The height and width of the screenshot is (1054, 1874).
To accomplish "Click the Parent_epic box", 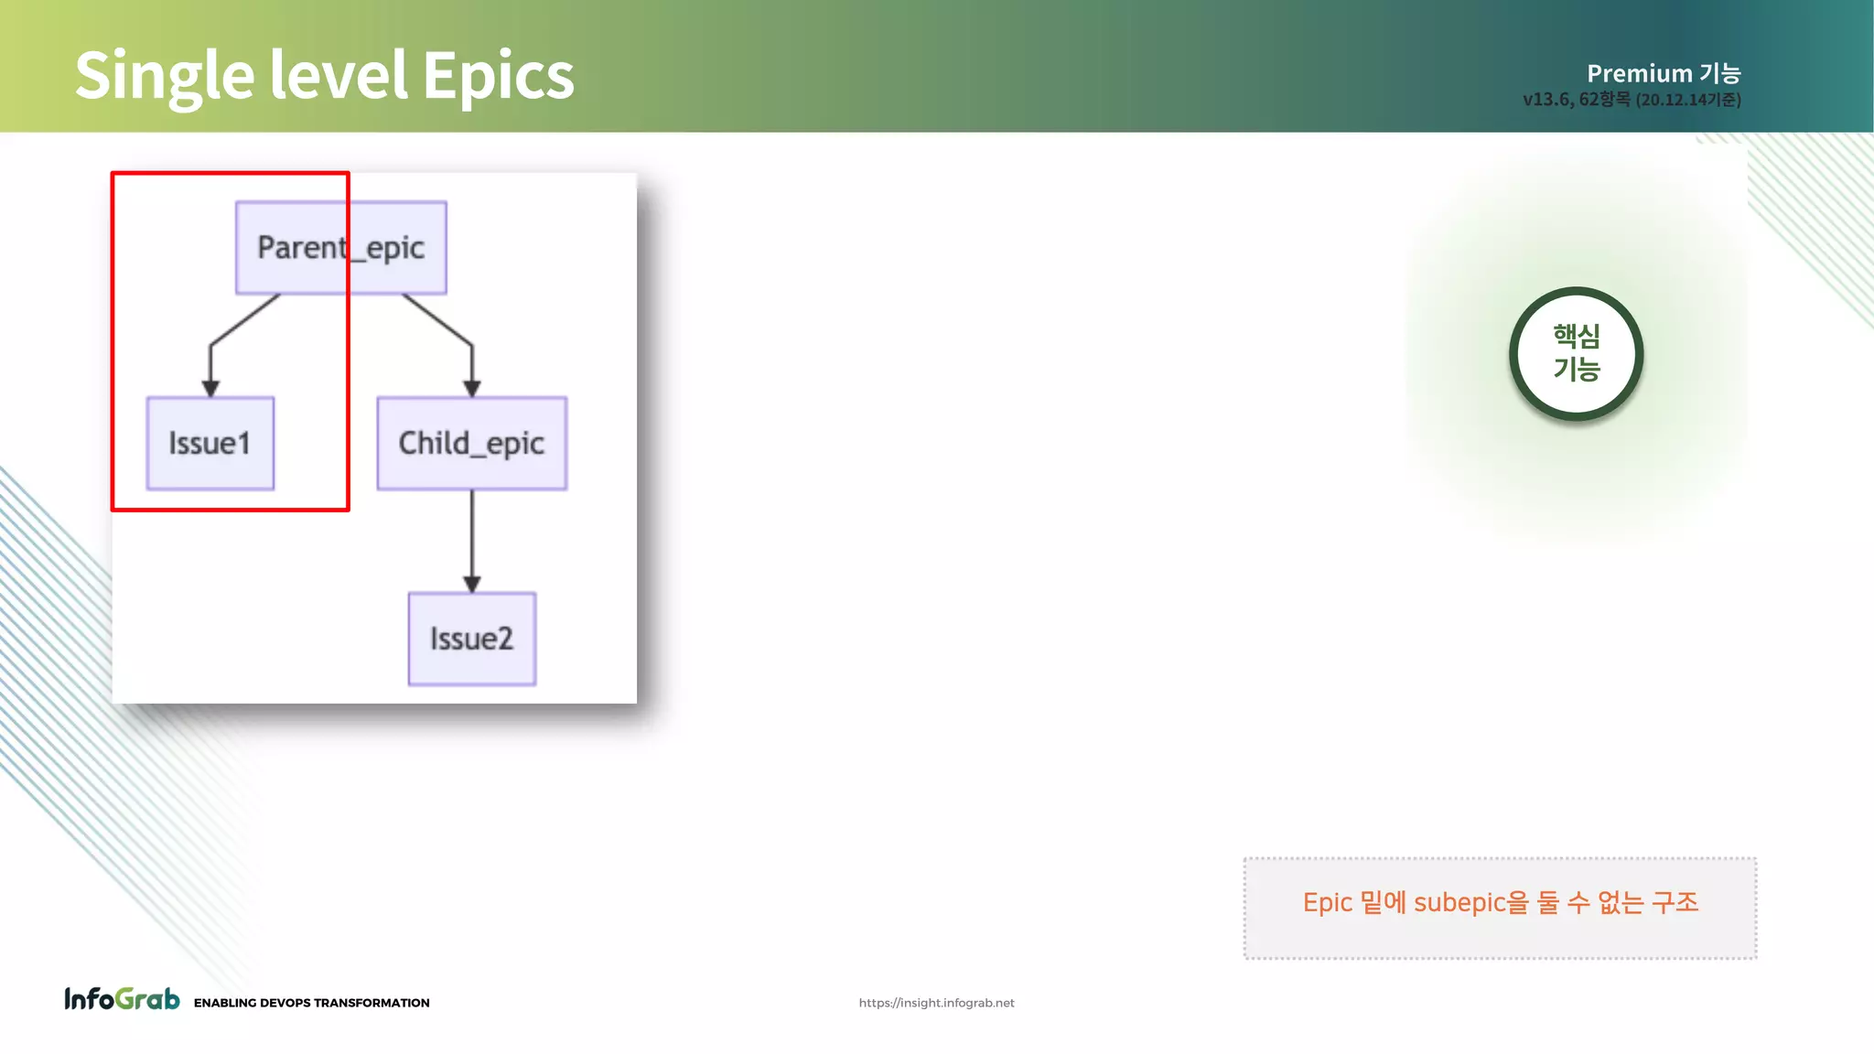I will click(340, 248).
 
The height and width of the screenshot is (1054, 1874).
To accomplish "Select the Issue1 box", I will click(210, 444).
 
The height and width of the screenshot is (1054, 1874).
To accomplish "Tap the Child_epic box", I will click(471, 444).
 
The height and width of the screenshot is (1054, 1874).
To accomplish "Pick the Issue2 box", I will click(471, 639).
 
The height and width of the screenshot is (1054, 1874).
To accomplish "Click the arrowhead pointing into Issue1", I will click(210, 388).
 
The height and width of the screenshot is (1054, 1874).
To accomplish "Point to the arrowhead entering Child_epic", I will click(472, 388).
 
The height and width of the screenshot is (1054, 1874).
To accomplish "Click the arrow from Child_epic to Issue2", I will click(472, 540).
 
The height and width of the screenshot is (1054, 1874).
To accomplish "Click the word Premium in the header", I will click(1639, 73).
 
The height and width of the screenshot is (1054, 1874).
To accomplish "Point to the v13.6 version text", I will click(1546, 100).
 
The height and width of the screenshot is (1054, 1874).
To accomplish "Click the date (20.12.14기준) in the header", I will click(1688, 100).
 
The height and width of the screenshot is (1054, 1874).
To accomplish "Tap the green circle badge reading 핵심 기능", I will click(1576, 354).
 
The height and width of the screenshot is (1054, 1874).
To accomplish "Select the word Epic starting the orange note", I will click(1327, 903).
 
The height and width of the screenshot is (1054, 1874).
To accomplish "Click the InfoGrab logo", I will click(122, 999).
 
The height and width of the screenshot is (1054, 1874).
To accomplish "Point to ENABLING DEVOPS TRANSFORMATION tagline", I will click(311, 1003).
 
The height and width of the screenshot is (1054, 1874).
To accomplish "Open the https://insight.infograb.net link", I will click(936, 1003).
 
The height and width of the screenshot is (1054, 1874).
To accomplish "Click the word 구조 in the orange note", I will click(1675, 903).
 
